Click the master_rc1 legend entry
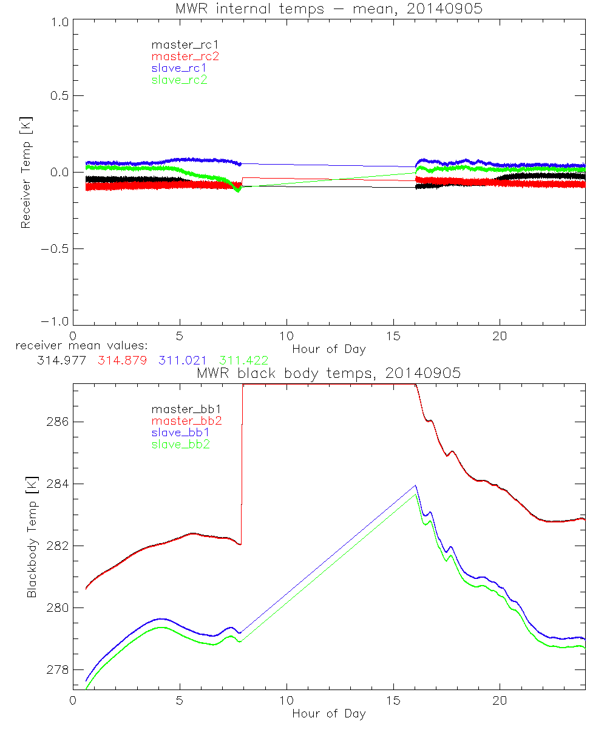pyautogui.click(x=179, y=44)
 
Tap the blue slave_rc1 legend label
pyautogui.click(x=179, y=68)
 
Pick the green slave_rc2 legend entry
pyautogui.click(x=179, y=80)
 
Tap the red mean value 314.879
pyautogui.click(x=121, y=360)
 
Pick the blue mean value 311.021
pyautogui.click(x=183, y=360)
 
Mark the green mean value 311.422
pyautogui.click(x=244, y=360)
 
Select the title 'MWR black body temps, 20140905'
pyautogui.click(x=328, y=374)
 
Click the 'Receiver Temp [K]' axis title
pyautogui.click(x=25, y=172)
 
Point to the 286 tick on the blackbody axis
pyautogui.click(x=56, y=422)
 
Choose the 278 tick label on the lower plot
pyautogui.click(x=56, y=669)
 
